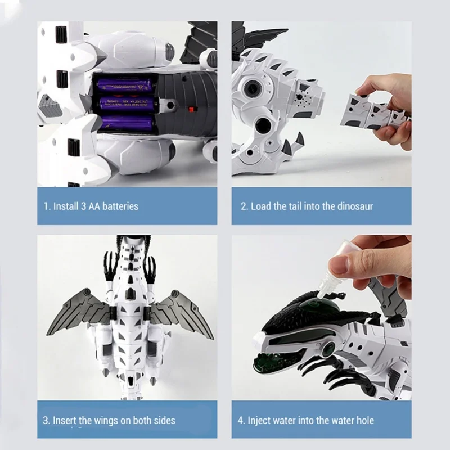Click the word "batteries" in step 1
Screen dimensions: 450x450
coord(119,206)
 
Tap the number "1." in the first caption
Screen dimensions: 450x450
coord(47,206)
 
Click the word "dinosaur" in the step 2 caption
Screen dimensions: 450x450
coord(354,206)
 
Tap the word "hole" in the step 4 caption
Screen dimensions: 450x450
coord(363,420)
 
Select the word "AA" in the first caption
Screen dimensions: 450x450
coord(88,206)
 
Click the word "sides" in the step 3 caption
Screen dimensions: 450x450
coord(163,420)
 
